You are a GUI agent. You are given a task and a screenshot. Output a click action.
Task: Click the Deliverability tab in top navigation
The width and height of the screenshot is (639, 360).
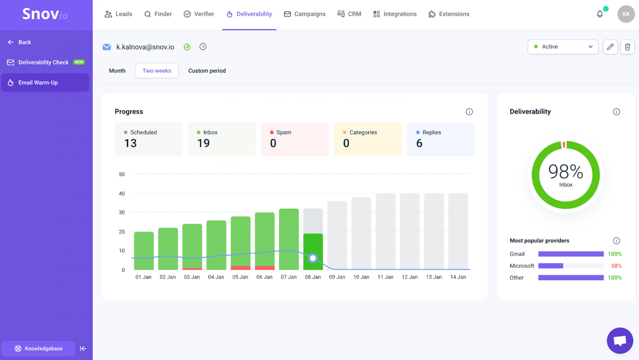[x=249, y=14]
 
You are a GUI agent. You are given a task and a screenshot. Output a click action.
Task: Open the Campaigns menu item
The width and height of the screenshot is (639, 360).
[x=305, y=14]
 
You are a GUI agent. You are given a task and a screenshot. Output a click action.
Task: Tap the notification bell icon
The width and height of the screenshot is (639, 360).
[x=599, y=14]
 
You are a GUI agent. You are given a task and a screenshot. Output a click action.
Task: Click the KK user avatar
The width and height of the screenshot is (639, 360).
[x=626, y=14]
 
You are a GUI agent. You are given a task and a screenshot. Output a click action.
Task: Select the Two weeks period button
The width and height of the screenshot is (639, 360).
[x=156, y=71]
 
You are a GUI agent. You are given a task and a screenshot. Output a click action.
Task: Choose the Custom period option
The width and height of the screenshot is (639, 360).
[x=207, y=71]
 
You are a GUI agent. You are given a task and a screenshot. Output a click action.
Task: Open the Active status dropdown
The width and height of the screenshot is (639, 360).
[x=562, y=47]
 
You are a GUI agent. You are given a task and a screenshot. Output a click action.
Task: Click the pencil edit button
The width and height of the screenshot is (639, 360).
[x=610, y=47]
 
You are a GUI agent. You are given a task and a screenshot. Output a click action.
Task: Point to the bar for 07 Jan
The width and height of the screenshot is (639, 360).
[x=289, y=239]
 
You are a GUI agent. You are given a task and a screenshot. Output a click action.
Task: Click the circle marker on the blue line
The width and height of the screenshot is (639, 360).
[x=313, y=258]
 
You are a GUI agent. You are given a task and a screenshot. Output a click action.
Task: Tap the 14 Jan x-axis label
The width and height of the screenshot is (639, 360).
[x=458, y=277]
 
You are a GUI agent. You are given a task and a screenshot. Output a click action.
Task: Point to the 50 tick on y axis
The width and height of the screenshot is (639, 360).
[x=122, y=174]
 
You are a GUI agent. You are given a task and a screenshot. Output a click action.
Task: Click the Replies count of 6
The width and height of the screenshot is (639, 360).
[x=419, y=143]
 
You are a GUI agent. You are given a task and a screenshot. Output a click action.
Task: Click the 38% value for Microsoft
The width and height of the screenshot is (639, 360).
[x=616, y=266]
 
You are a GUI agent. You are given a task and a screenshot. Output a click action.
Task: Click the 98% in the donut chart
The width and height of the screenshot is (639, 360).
[x=565, y=172]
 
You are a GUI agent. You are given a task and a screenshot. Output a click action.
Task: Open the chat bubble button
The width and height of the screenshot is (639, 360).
[x=619, y=340]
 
